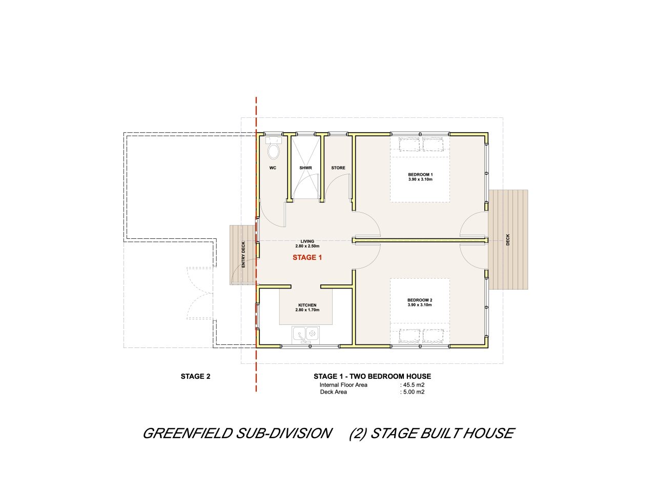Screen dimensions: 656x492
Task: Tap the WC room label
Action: pyautogui.click(x=273, y=168)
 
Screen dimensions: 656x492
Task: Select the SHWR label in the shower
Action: pyautogui.click(x=305, y=168)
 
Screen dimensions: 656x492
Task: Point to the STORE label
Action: pyautogui.click(x=338, y=168)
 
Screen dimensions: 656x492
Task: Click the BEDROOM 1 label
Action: pyautogui.click(x=420, y=174)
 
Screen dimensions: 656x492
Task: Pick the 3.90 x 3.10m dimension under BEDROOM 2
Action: pyautogui.click(x=420, y=305)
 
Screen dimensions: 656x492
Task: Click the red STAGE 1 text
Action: pyautogui.click(x=307, y=257)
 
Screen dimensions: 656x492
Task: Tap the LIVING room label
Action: pyautogui.click(x=307, y=241)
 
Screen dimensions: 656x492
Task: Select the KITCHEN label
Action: pyautogui.click(x=307, y=305)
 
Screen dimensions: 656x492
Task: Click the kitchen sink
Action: pyautogui.click(x=306, y=335)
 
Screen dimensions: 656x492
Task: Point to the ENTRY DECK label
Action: pyautogui.click(x=243, y=255)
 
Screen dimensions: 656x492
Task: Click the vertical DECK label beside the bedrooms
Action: pyautogui.click(x=508, y=240)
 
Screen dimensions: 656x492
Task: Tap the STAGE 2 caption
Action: pyautogui.click(x=195, y=376)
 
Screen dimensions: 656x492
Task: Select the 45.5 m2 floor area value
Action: pyautogui.click(x=414, y=385)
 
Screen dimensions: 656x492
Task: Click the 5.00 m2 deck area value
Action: pyautogui.click(x=414, y=392)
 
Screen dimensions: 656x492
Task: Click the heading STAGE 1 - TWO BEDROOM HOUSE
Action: pyautogui.click(x=372, y=376)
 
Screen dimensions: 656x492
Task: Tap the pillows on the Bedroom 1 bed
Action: pyautogui.click(x=420, y=145)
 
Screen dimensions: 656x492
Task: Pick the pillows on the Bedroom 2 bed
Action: pyautogui.click(x=420, y=336)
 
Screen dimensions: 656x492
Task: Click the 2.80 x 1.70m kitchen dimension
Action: pyautogui.click(x=307, y=310)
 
